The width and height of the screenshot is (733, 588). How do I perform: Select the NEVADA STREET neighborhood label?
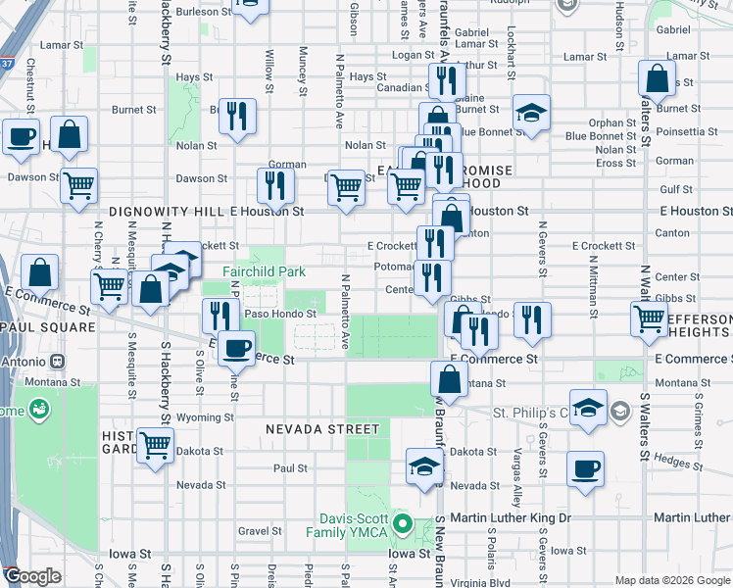pos(322,429)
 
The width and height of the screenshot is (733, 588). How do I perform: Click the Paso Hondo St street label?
pos(280,314)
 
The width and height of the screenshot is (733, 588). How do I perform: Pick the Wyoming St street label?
pos(206,416)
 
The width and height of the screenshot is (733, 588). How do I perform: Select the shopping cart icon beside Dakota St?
pos(155,445)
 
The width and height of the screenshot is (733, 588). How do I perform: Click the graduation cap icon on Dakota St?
pos(424,465)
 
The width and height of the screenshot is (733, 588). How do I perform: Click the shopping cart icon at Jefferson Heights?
pos(651,318)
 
